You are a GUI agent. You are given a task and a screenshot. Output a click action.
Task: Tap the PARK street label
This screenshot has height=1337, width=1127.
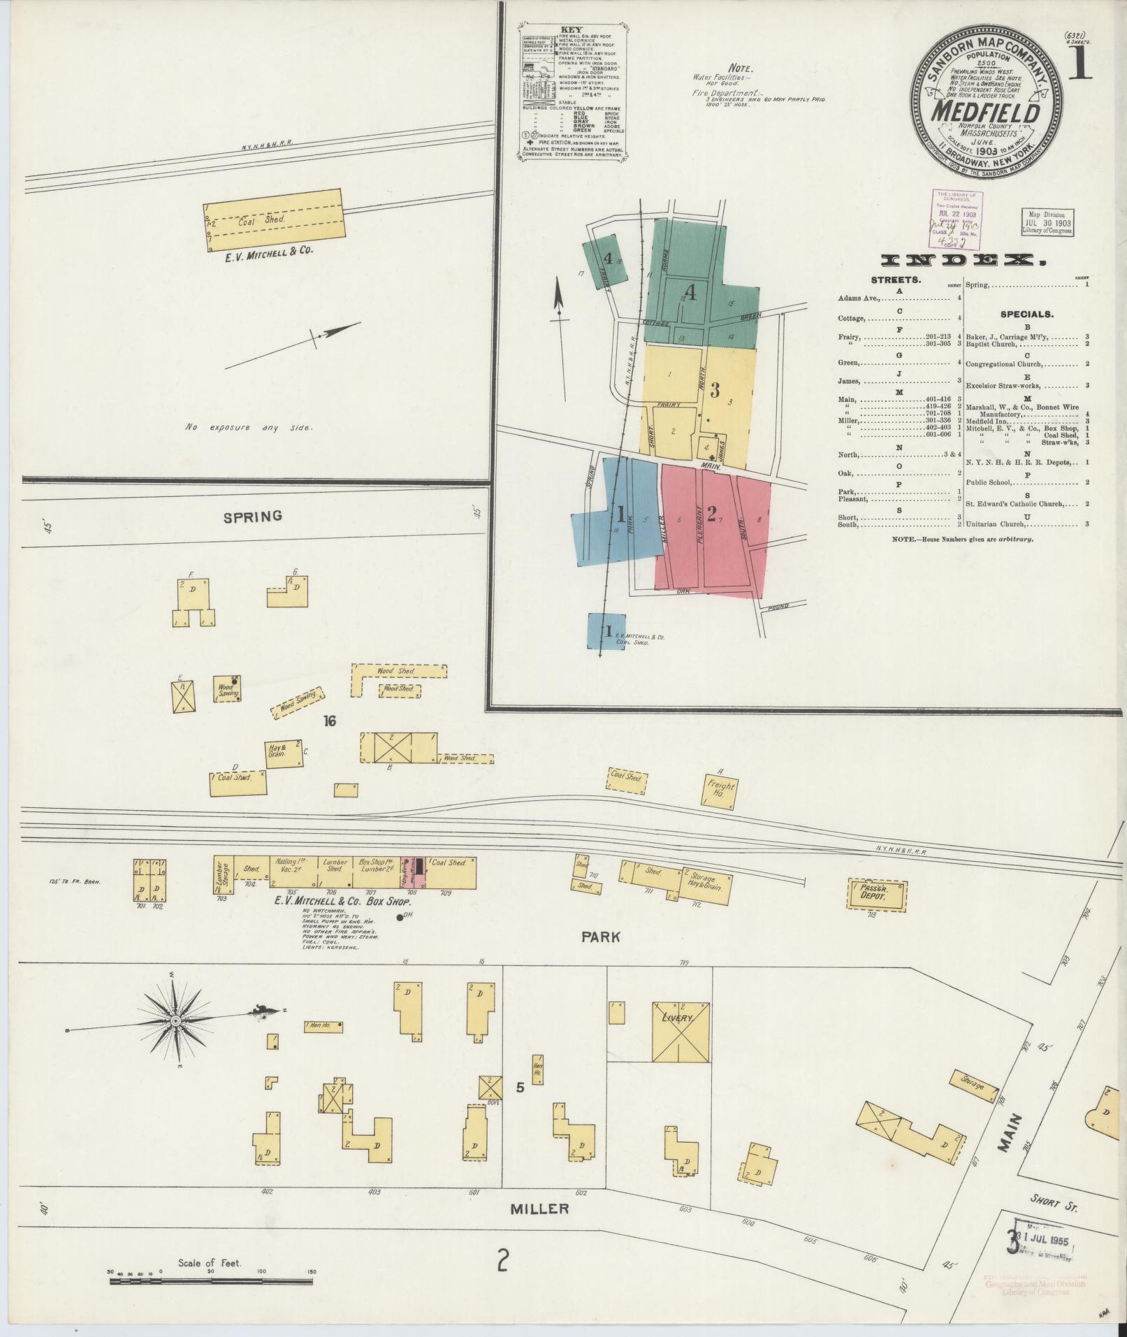pos(602,937)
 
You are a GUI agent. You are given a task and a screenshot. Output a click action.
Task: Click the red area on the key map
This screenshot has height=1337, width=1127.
pos(713,524)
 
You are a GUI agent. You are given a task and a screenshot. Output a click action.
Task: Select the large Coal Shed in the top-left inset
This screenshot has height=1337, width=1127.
pos(275,219)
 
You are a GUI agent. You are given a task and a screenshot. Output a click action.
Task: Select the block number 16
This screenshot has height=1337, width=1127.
pos(330,721)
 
